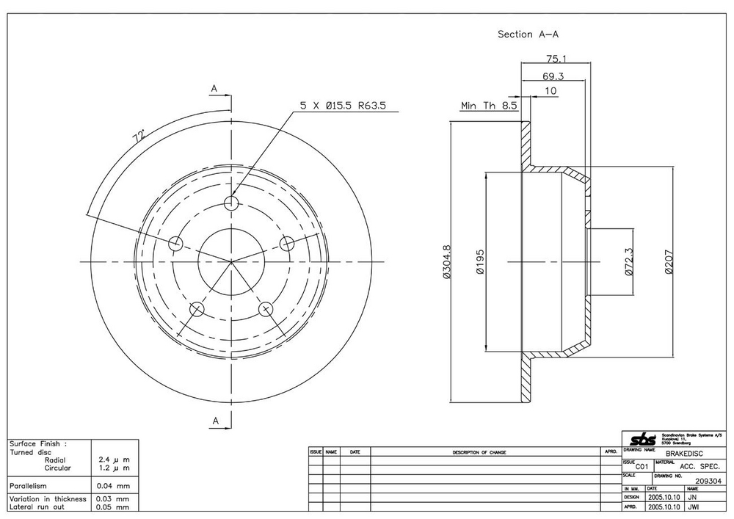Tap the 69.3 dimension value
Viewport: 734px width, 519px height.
click(x=554, y=76)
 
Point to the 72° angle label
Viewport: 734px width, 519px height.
click(x=137, y=137)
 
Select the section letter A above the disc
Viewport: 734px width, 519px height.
click(x=215, y=89)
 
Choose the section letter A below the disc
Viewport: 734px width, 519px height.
click(x=216, y=420)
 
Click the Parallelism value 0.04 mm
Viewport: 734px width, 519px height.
click(x=113, y=486)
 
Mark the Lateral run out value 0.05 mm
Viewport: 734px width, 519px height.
click(x=113, y=507)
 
